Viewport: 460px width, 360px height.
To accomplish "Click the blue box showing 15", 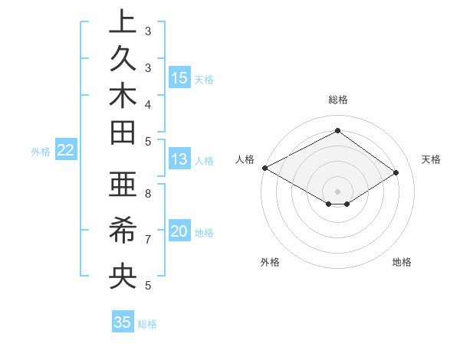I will point(179,77).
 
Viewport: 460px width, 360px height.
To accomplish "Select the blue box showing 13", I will point(179,159).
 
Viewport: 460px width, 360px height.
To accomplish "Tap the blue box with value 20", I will point(179,231).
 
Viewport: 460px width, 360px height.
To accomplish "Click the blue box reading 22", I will point(66,150).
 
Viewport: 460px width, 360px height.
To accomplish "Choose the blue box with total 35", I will point(123,322).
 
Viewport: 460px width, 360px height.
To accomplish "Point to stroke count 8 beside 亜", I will point(147,194).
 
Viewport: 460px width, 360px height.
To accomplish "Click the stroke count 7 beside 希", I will point(147,240).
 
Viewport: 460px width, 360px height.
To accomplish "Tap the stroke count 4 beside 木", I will point(147,103).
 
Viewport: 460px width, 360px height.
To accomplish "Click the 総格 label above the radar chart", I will point(337,100).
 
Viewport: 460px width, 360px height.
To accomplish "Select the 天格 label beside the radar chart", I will point(431,159).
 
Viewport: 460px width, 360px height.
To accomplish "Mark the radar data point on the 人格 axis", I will point(264,168).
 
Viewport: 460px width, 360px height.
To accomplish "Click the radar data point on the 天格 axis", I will point(396,172).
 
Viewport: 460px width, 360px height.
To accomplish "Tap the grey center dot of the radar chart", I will point(337,191).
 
